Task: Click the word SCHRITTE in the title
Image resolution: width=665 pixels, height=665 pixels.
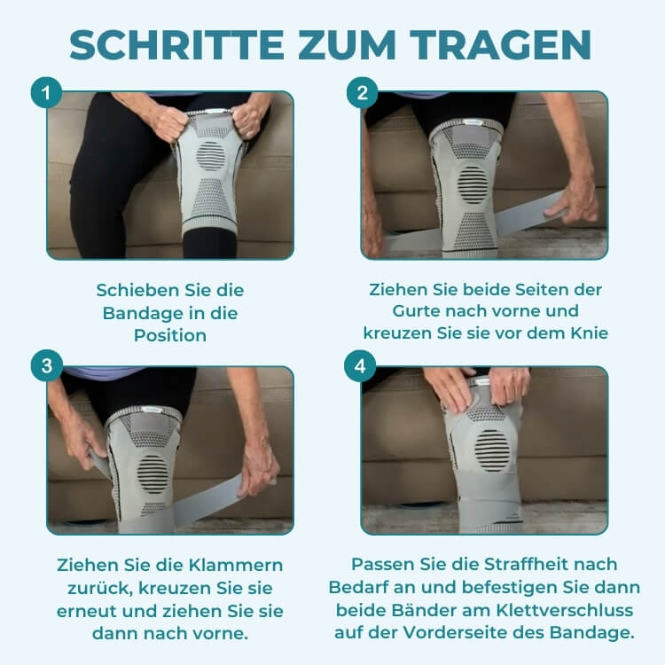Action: click(176, 45)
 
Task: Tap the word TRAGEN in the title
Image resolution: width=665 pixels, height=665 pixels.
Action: click(501, 45)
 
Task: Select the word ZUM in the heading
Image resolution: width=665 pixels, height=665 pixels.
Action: click(347, 45)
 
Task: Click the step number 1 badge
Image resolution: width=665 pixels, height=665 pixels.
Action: click(46, 92)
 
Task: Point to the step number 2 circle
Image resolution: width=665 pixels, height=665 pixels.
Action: click(362, 92)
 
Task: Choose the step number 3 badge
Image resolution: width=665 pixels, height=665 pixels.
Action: click(47, 365)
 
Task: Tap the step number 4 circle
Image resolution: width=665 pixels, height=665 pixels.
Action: click(360, 365)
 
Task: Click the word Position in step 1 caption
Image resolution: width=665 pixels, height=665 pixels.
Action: click(170, 335)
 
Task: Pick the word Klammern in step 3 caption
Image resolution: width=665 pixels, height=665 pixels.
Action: click(235, 565)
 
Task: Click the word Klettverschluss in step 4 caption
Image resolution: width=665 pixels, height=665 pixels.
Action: click(565, 610)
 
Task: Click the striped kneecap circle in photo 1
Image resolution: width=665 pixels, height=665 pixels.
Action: click(211, 156)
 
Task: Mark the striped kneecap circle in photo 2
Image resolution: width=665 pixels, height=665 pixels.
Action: click(473, 185)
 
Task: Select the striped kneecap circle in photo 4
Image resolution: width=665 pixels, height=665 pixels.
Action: click(491, 450)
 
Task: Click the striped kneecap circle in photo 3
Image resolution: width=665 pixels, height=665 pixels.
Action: click(153, 474)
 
